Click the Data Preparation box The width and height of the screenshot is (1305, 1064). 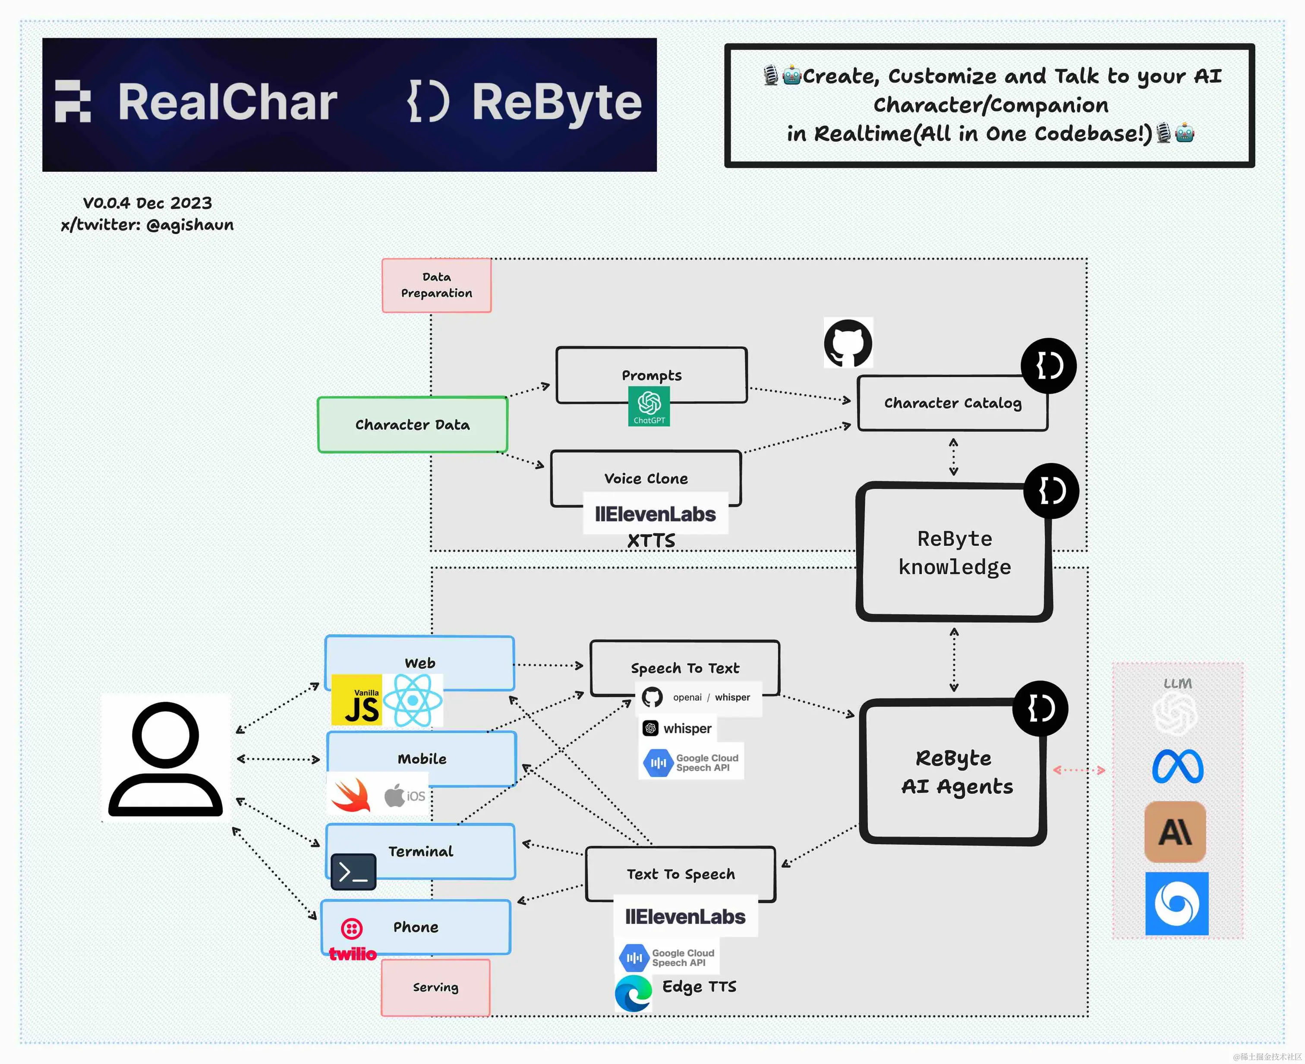tap(436, 285)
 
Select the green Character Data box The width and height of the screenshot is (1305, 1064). tap(413, 425)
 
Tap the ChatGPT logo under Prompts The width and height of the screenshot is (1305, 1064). tap(649, 406)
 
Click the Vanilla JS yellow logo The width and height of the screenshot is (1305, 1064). tap(357, 700)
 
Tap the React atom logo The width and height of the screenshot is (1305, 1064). tap(413, 700)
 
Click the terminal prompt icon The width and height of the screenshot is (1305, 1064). tap(353, 872)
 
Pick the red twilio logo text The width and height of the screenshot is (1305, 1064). tap(353, 954)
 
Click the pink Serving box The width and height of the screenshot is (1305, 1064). tap(435, 987)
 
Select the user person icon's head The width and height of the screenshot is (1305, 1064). tap(166, 733)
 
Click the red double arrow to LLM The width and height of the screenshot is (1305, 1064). tap(1079, 770)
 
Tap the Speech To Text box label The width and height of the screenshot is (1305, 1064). tap(685, 668)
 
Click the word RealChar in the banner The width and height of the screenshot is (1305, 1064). tap(227, 102)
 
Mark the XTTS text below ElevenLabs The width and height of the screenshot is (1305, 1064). tap(651, 541)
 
